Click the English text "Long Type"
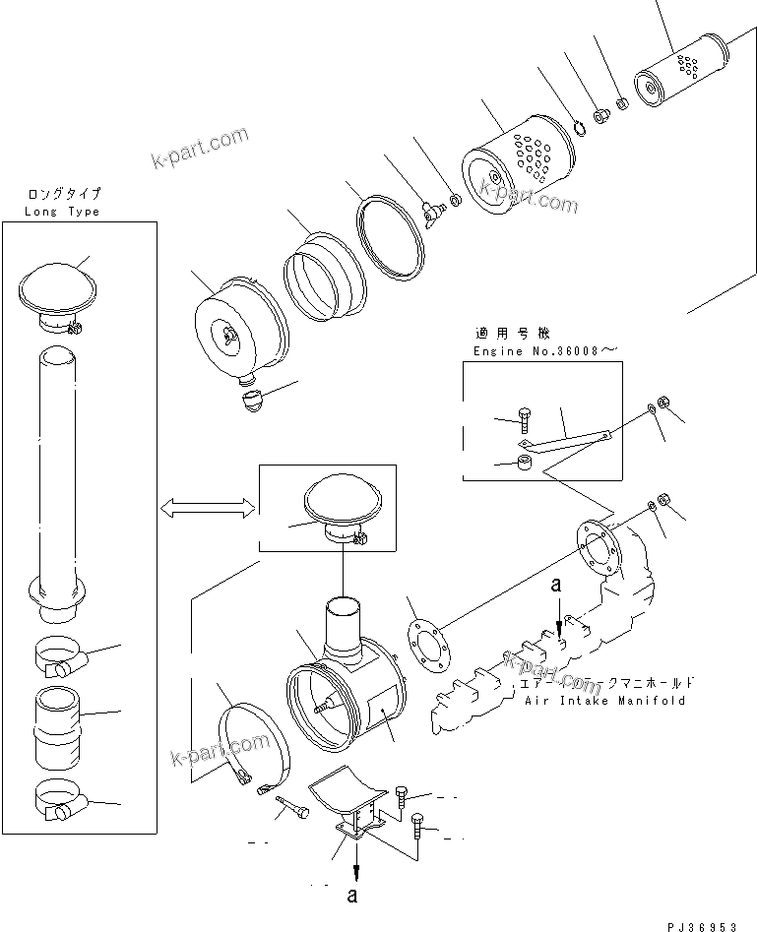(63, 212)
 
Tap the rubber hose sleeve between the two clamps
(60, 728)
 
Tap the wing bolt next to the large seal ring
(430, 212)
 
